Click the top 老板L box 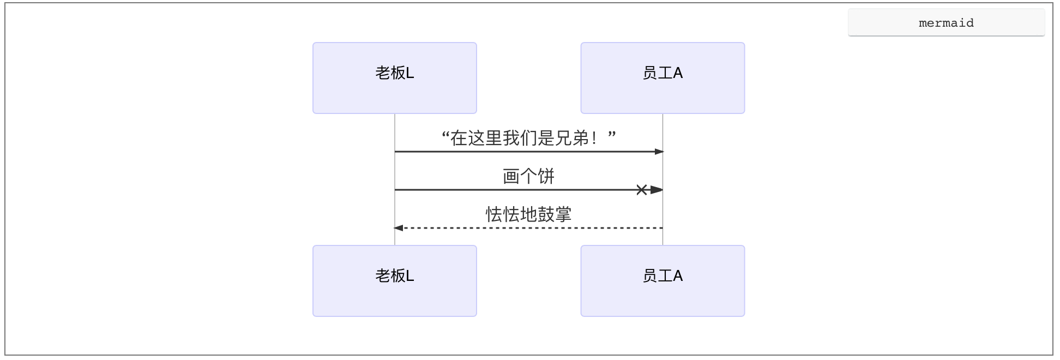(x=394, y=78)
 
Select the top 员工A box (x=662, y=78)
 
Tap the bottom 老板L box (x=394, y=281)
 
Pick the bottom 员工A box (x=662, y=281)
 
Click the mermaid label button (x=945, y=23)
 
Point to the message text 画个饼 (x=528, y=176)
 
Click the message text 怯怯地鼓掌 (x=528, y=214)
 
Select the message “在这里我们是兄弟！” (x=528, y=138)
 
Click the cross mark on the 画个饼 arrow (x=642, y=190)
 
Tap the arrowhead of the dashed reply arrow (x=399, y=228)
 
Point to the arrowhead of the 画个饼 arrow (x=657, y=190)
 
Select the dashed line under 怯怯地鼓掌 (x=528, y=228)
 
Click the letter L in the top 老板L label (x=410, y=73)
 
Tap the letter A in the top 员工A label (x=678, y=73)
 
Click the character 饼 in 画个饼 (x=546, y=176)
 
